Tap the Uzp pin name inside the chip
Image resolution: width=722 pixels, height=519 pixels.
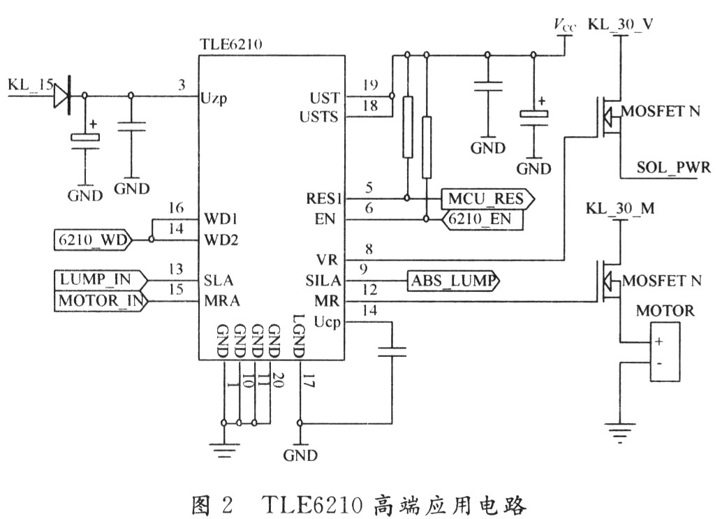point(213,98)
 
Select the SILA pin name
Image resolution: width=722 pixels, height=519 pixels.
point(321,281)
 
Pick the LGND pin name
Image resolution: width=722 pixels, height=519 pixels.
point(298,342)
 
